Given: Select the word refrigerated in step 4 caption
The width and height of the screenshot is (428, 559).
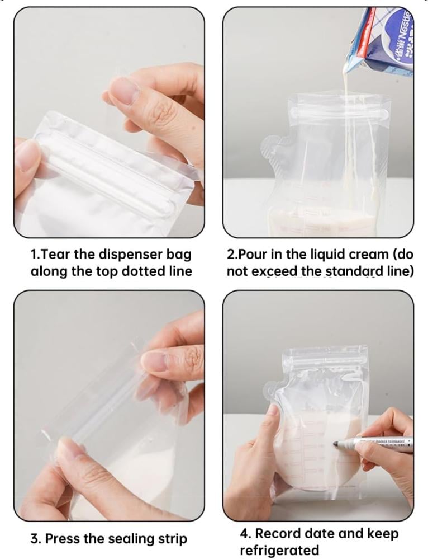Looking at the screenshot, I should [279, 551].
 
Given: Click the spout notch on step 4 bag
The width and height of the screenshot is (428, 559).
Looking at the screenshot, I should [274, 392].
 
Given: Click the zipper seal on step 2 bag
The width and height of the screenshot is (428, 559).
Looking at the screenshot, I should [338, 114].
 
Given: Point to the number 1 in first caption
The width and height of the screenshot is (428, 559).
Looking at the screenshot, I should [34, 255].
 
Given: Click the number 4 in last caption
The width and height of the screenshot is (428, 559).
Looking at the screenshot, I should [244, 533].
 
